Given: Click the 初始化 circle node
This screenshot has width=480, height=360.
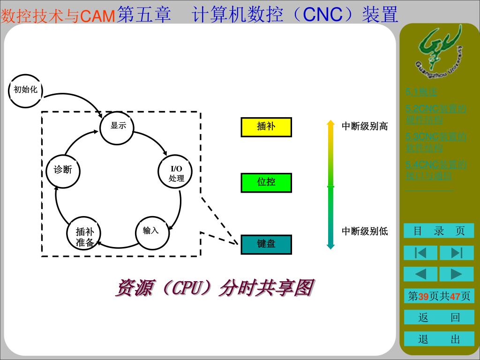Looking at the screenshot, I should pos(25,90).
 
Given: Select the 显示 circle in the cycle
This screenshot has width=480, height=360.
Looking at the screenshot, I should pos(118,127).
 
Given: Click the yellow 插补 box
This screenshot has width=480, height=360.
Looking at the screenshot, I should pos(266,127).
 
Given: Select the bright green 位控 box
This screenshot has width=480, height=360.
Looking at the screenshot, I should pos(266,183).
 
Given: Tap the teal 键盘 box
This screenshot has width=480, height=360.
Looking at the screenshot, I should pos(266,244).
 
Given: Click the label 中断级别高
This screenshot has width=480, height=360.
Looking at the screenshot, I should pos(365,126).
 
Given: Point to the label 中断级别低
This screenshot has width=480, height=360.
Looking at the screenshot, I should pos(365,231).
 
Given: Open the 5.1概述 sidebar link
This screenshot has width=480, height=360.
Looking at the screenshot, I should pos(421,92).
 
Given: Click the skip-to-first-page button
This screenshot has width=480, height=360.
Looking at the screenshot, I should pos(420,253).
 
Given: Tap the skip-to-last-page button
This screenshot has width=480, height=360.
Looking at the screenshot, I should pos(457,253).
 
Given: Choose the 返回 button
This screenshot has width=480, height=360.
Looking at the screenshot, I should pos(439,318).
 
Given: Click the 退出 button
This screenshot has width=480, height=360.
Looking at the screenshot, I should pos(439,339).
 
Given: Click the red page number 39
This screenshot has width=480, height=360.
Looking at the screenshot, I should pos(423,297).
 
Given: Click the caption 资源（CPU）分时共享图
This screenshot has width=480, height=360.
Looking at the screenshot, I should pos(214,288).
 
